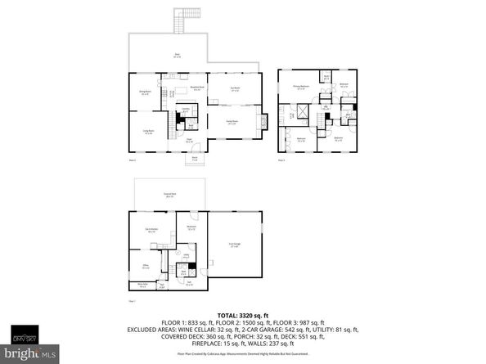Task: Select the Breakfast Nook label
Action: pyautogui.click(x=197, y=88)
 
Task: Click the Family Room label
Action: pyautogui.click(x=232, y=122)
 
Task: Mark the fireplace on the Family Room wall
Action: pyautogui.click(x=262, y=123)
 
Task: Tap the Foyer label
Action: pyautogui.click(x=188, y=142)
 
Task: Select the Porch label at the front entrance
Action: pyautogui.click(x=195, y=159)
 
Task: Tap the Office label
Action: pyautogui.click(x=145, y=266)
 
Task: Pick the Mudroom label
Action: pyautogui.click(x=191, y=227)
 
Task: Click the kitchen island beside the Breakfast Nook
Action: pyautogui.click(x=182, y=92)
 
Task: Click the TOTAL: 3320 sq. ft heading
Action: pyautogui.click(x=242, y=315)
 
